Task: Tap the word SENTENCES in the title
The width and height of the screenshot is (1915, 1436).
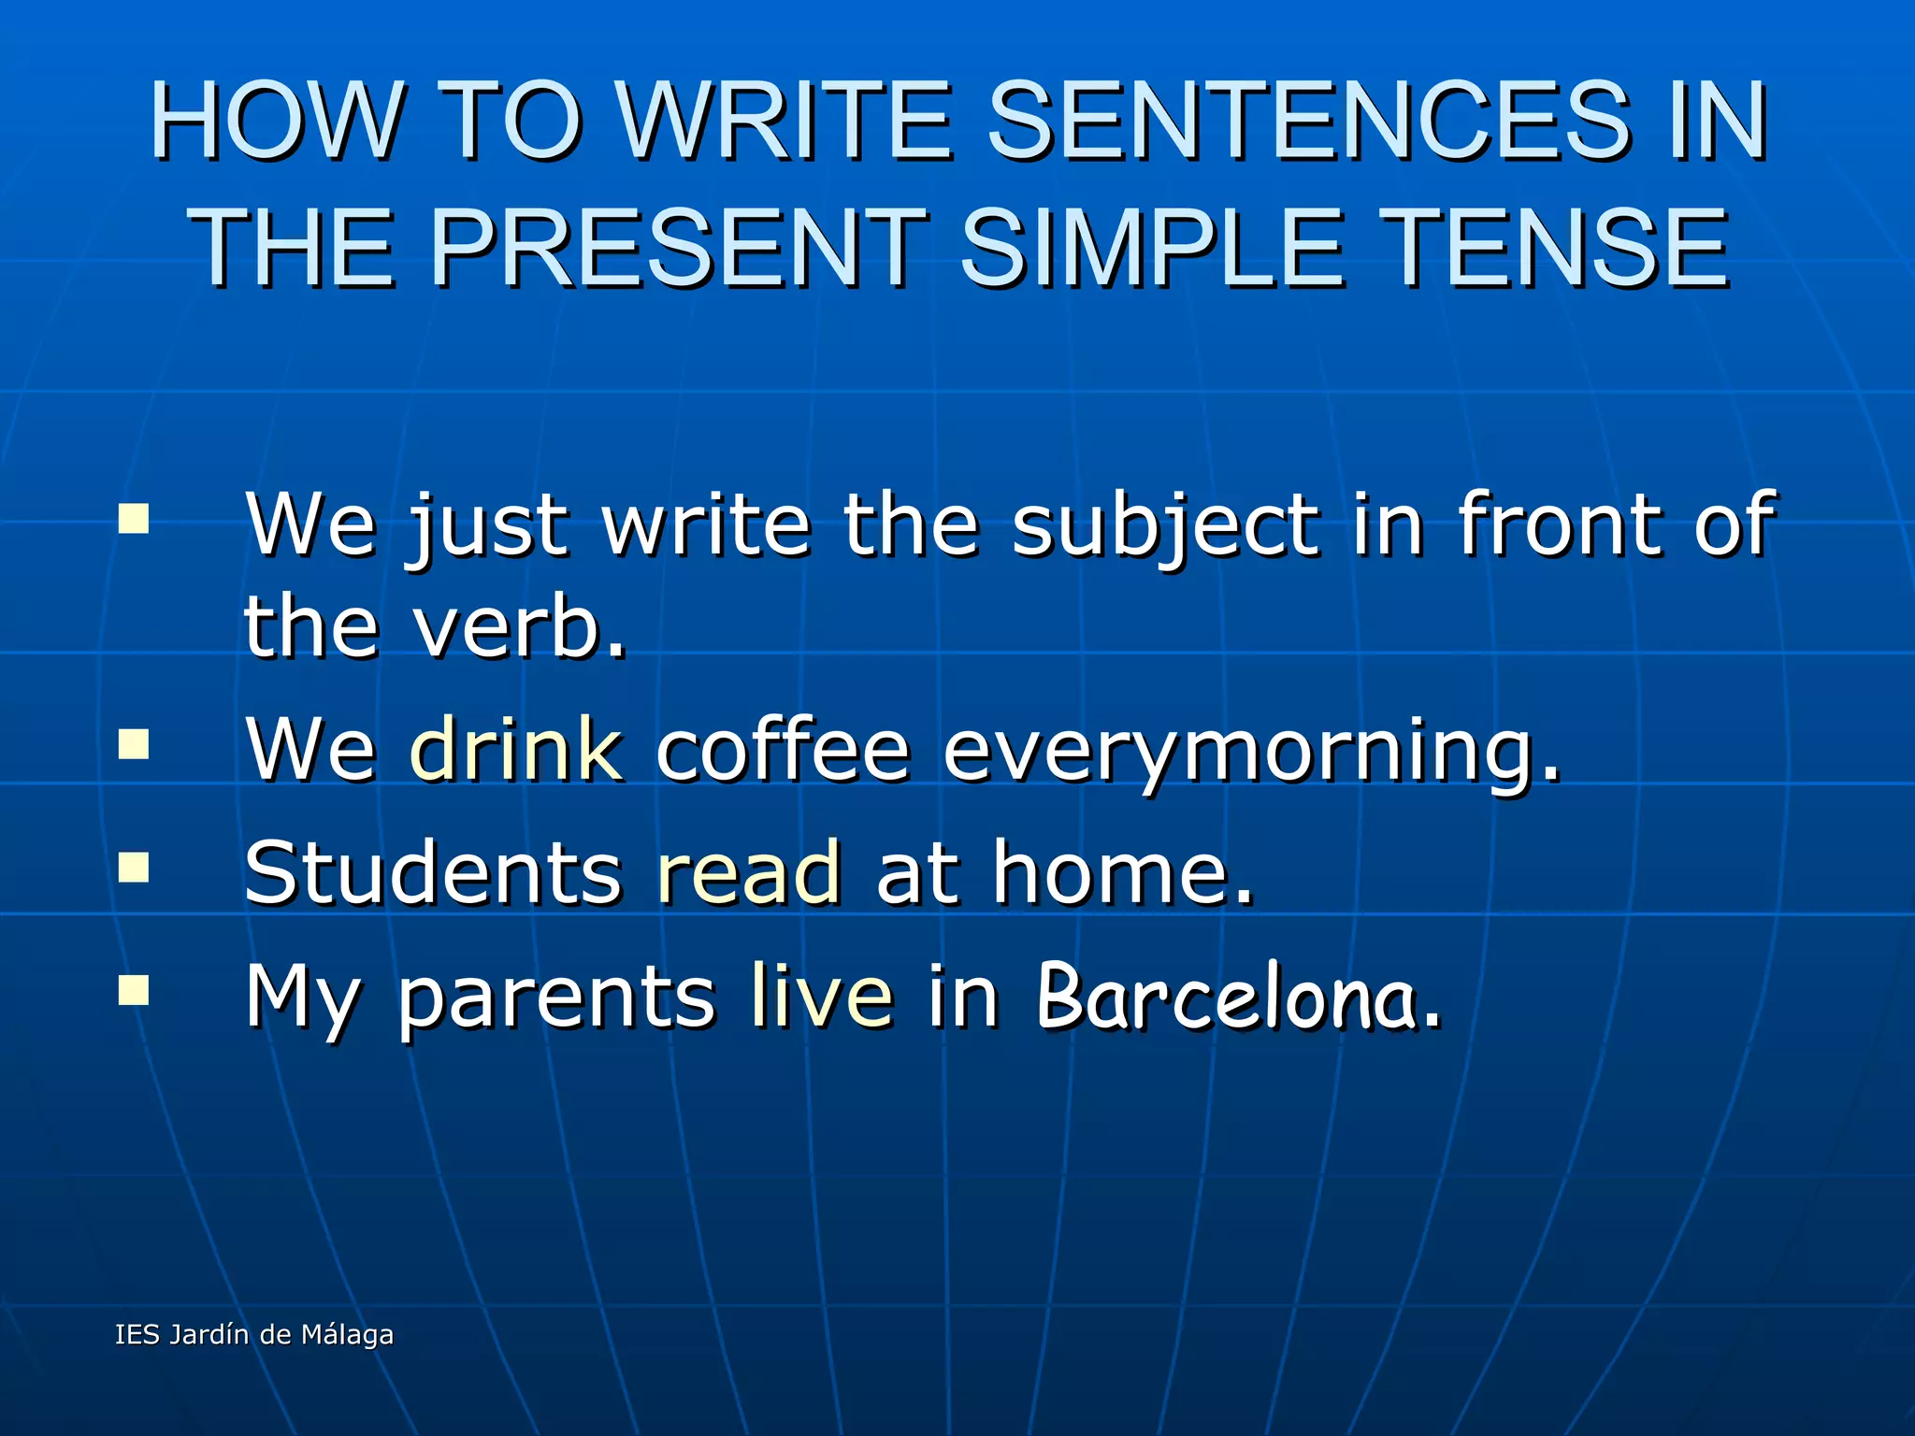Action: (1309, 122)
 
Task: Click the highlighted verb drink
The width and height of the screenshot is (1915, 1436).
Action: (516, 748)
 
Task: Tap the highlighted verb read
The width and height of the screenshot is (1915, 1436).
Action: (748, 872)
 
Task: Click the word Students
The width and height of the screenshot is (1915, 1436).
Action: (432, 872)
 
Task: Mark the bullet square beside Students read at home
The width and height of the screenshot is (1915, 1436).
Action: (134, 867)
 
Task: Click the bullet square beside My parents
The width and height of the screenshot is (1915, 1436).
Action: (134, 990)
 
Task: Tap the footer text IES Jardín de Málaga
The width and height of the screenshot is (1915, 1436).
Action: (254, 1334)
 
